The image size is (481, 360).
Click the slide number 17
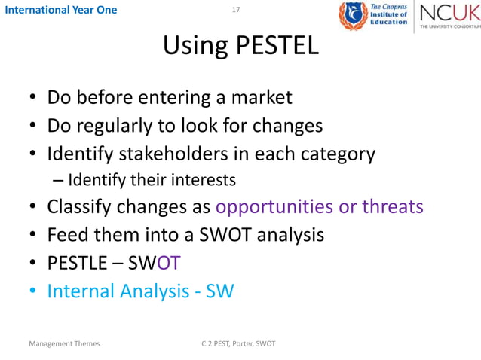coord(236,10)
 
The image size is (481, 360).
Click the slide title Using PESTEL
coord(240,47)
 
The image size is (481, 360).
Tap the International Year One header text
coord(59,10)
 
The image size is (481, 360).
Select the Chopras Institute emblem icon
coord(351,16)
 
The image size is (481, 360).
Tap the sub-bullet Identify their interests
coord(151,180)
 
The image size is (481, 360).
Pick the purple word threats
coord(391,207)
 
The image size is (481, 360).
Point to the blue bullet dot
coord(33,291)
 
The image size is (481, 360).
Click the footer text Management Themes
coord(64,344)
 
